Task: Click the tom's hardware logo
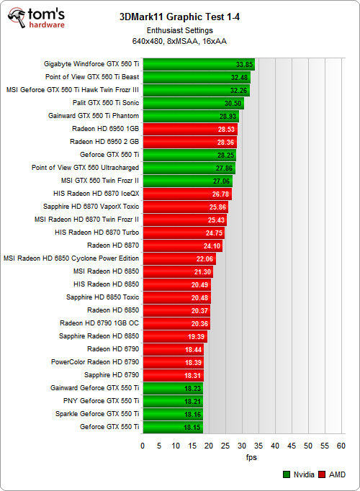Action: [x=36, y=18]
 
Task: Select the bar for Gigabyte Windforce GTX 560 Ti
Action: [x=199, y=64]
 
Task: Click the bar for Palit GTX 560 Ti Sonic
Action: [x=193, y=103]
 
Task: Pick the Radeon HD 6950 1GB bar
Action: [x=189, y=129]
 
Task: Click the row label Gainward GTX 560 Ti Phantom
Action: [x=93, y=116]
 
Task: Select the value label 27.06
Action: [x=221, y=181]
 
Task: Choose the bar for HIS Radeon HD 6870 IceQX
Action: [x=186, y=194]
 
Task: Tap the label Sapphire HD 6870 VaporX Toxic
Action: [x=91, y=207]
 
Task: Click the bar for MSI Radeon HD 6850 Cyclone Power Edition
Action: [x=179, y=258]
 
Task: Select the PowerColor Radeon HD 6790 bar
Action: [x=173, y=362]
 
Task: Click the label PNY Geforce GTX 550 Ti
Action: [x=100, y=401]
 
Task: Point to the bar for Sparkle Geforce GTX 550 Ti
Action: [x=172, y=414]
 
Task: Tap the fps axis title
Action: [x=242, y=457]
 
